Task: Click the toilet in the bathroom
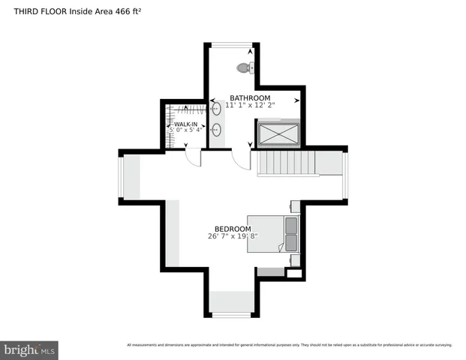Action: click(243, 68)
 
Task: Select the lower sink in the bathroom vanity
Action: click(216, 130)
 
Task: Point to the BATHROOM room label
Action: click(250, 97)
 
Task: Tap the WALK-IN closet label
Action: click(186, 124)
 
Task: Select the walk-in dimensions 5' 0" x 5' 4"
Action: click(186, 130)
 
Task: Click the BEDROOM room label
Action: click(233, 229)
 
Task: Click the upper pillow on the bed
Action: click(290, 224)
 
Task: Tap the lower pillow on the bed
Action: click(290, 243)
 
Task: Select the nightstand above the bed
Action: click(295, 206)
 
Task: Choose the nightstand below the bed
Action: click(295, 260)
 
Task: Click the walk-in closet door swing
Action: click(193, 157)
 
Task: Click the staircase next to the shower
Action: click(289, 163)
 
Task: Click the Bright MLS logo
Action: click(30, 349)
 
